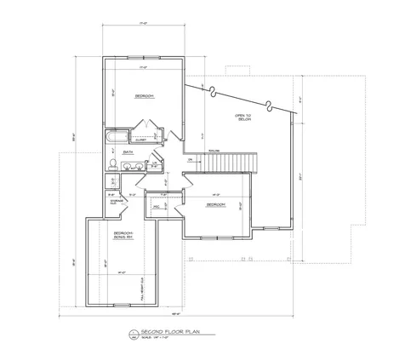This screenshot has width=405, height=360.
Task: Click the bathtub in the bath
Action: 116,138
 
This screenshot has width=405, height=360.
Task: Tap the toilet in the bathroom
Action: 113,164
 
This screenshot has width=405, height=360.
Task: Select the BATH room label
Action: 128,152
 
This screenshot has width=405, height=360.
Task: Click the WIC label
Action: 157,206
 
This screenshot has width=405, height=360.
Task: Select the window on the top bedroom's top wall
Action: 144,57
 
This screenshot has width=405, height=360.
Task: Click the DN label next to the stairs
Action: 189,159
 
